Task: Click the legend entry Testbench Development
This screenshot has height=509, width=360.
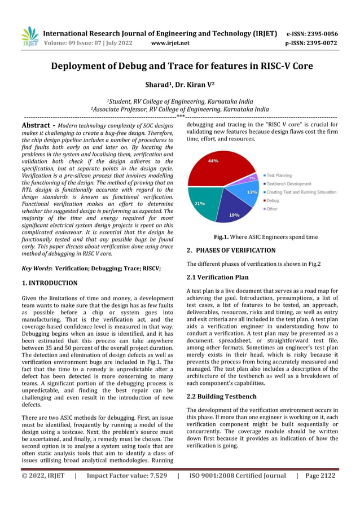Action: tap(288, 183)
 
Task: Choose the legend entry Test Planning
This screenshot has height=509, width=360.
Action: tap(279, 175)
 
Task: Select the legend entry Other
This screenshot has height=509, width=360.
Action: tap(272, 209)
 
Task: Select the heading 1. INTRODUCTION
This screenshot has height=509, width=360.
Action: tap(49, 283)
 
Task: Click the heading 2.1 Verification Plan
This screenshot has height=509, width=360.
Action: tap(217, 277)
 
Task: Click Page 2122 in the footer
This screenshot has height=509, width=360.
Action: tap(320, 476)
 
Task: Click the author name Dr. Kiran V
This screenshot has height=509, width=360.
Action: tap(195, 85)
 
